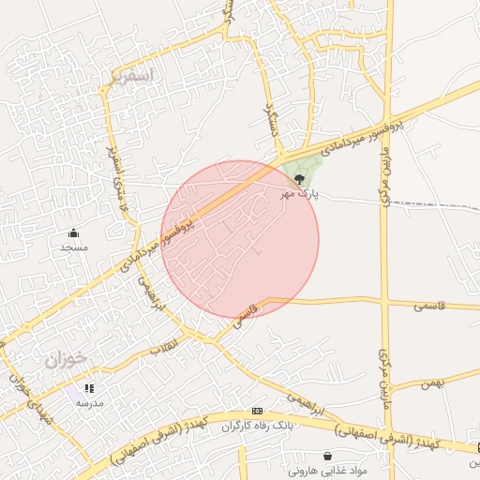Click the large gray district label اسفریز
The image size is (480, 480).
129,77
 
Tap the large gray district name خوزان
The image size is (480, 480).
65,357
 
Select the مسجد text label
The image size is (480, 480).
73,247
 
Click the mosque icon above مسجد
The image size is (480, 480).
73,232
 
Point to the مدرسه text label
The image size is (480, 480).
90,402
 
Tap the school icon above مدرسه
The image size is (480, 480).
90,387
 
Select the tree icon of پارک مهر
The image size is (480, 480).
300,178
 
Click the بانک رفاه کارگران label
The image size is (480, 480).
257,427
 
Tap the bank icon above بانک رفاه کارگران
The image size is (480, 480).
257,412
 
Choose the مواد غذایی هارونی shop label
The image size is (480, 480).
327,472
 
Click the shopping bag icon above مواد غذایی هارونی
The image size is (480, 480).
327,457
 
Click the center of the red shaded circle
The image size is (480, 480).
240,239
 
